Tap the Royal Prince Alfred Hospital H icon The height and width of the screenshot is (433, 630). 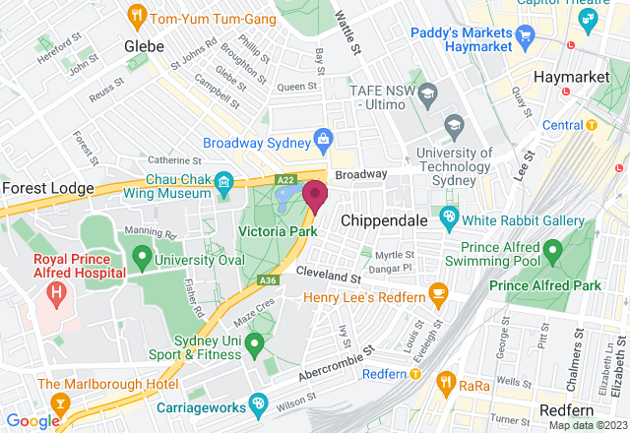(56, 292)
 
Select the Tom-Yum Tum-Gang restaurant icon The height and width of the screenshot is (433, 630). (138, 16)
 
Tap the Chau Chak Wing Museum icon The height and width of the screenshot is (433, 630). (223, 181)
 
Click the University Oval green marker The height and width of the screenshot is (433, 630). (142, 260)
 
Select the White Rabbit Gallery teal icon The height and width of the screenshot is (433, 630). (450, 216)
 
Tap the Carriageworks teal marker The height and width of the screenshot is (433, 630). (258, 402)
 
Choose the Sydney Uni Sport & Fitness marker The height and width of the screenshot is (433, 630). (254, 344)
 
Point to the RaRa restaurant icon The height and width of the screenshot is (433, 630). (446, 379)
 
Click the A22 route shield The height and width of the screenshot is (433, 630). (285, 180)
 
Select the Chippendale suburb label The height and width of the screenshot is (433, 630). (381, 220)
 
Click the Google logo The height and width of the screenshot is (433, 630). (31, 421)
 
